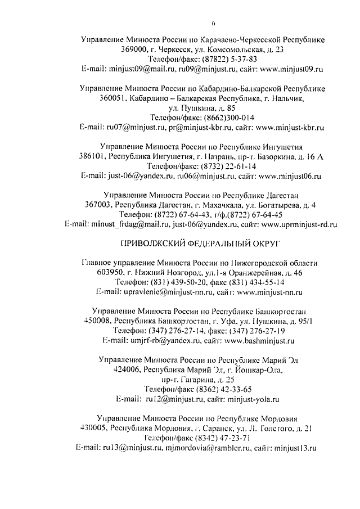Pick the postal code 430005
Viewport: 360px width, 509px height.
[x=93, y=429]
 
